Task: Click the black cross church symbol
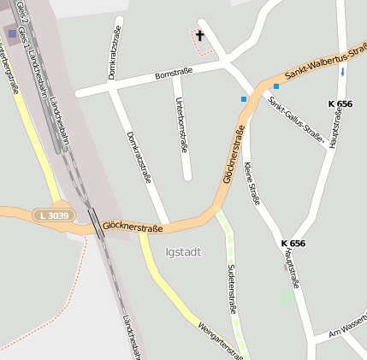[x=200, y=35]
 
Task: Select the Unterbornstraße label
[x=181, y=125]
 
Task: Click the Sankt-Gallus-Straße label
[x=296, y=121]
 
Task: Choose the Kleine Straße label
[x=252, y=183]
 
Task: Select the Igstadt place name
[x=183, y=251]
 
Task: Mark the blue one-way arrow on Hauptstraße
[x=343, y=71]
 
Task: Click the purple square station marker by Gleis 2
[x=12, y=34]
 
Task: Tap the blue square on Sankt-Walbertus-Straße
[x=276, y=86]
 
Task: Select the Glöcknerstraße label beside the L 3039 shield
[x=132, y=227]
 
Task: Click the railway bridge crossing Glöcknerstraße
[x=96, y=221]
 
